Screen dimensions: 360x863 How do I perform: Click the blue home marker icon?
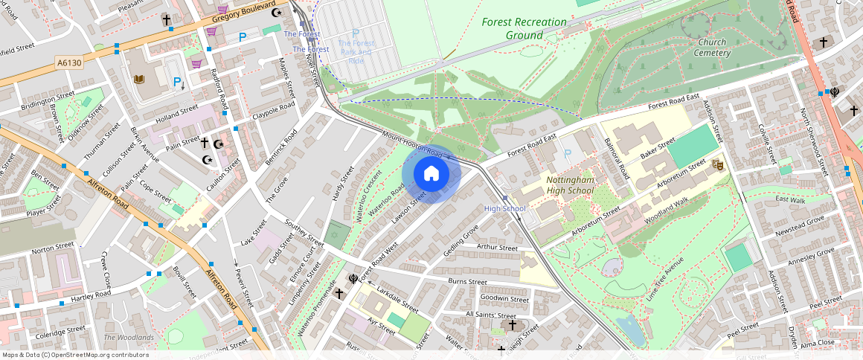point(431,174)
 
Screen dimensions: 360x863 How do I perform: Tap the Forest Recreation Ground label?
point(524,28)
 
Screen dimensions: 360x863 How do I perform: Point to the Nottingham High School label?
point(569,185)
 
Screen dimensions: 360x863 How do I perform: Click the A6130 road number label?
point(68,63)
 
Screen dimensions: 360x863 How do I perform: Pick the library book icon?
point(138,79)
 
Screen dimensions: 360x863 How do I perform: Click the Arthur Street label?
point(497,248)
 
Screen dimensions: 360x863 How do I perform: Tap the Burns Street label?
point(467,282)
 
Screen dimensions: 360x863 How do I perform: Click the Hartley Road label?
point(91,295)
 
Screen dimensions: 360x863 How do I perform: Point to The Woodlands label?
point(129,338)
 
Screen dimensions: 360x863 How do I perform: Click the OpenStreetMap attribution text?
point(75,355)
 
